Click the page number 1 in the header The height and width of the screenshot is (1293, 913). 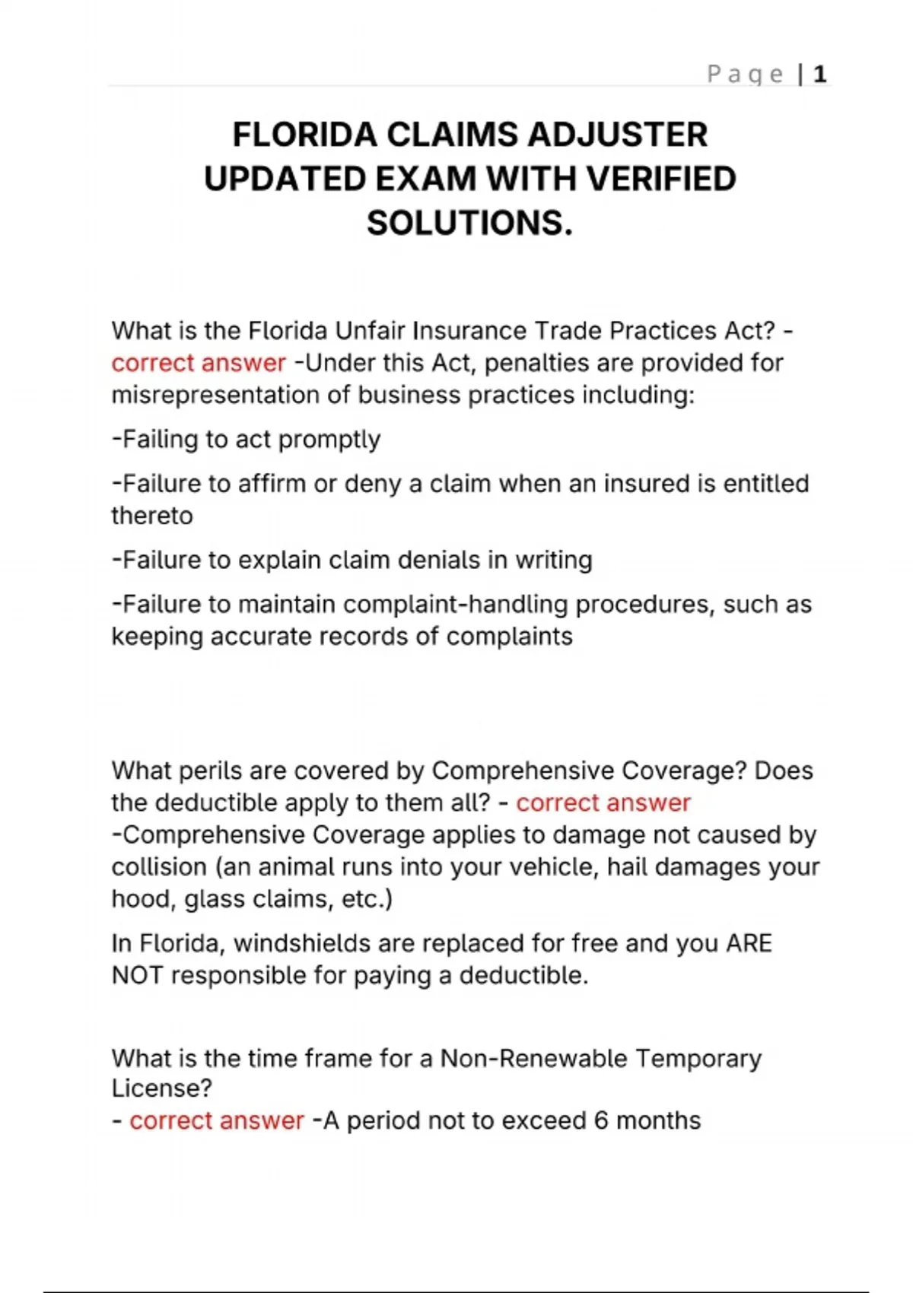pyautogui.click(x=819, y=74)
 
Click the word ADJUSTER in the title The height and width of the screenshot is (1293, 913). pyautogui.click(x=617, y=135)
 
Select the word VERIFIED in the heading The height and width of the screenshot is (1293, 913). pyautogui.click(x=661, y=179)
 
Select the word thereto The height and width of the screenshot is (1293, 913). pyautogui.click(x=152, y=516)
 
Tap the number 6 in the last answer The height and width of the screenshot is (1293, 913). pyautogui.click(x=601, y=1120)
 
